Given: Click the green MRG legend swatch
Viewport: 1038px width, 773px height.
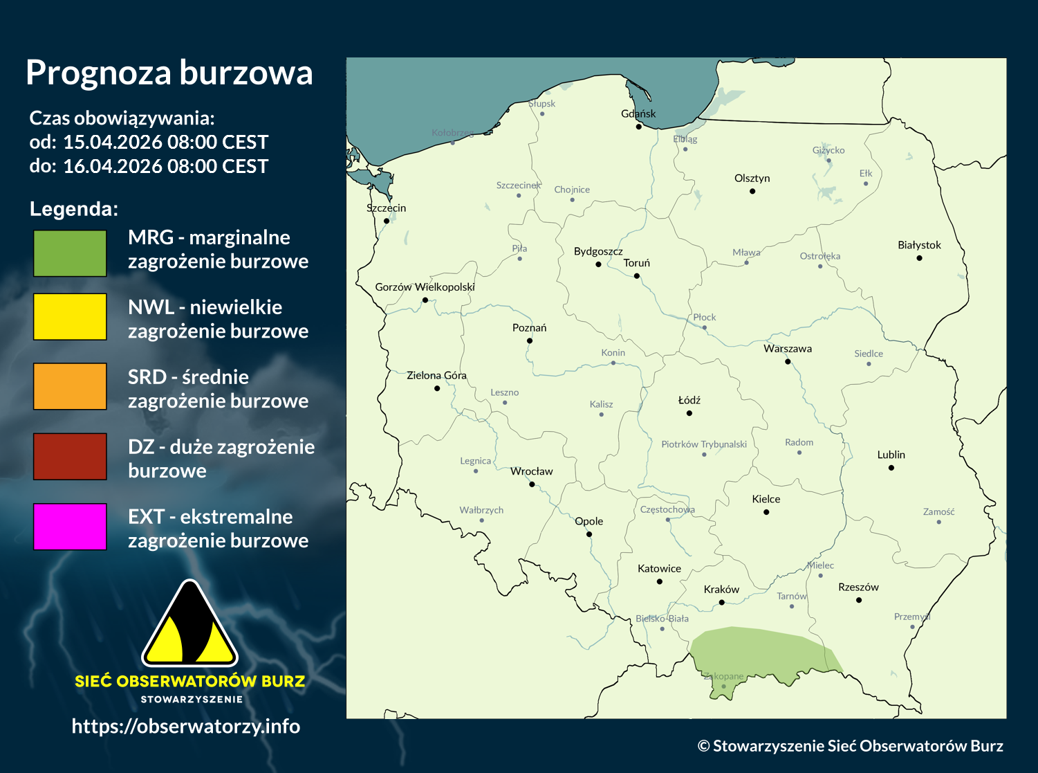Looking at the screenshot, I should pyautogui.click(x=70, y=253).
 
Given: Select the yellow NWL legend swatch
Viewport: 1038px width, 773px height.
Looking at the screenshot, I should pyautogui.click(x=70, y=316).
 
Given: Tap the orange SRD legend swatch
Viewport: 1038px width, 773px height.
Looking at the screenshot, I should pyautogui.click(x=70, y=386).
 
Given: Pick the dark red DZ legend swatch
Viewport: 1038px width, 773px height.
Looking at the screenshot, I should pyautogui.click(x=70, y=456).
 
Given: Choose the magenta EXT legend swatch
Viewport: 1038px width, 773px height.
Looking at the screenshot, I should pyautogui.click(x=70, y=527).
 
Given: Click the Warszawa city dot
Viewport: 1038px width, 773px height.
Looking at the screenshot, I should pyautogui.click(x=788, y=361).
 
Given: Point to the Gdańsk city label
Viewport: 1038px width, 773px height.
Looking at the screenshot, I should pyautogui.click(x=638, y=113).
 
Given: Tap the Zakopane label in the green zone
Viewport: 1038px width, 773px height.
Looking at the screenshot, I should pyautogui.click(x=723, y=676).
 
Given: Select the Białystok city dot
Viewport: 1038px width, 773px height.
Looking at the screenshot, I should pyautogui.click(x=919, y=258).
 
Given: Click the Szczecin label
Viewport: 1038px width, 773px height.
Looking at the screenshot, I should pyautogui.click(x=387, y=208).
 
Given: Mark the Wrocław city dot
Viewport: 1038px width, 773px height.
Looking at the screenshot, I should pyautogui.click(x=532, y=484).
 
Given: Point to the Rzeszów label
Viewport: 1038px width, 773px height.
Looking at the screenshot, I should pyautogui.click(x=858, y=587).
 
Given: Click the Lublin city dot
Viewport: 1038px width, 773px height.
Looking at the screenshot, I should pyautogui.click(x=891, y=468).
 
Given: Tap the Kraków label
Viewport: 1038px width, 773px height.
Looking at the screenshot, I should pyautogui.click(x=721, y=590).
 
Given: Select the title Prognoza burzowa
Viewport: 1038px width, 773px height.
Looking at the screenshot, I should pyautogui.click(x=169, y=73).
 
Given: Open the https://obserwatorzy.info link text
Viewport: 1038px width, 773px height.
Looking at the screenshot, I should pyautogui.click(x=186, y=726).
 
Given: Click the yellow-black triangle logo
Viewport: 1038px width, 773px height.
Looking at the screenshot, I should pyautogui.click(x=189, y=625).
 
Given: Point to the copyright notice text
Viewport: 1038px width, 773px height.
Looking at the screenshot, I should pyautogui.click(x=850, y=745).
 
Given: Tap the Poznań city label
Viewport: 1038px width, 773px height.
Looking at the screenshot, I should pyautogui.click(x=529, y=327).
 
